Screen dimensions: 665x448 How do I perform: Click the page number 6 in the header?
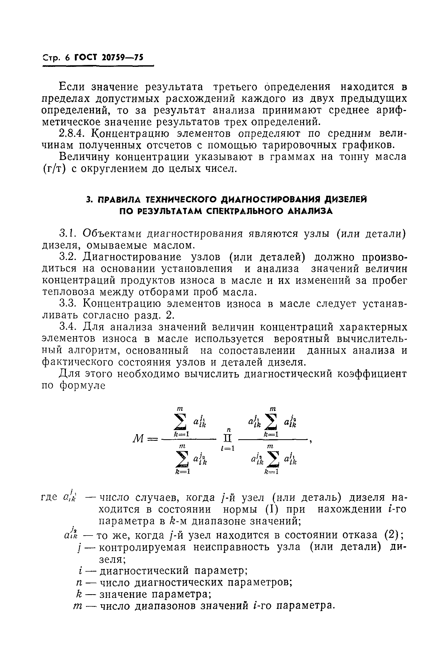(x=67, y=58)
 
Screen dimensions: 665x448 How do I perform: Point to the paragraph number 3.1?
(x=68, y=234)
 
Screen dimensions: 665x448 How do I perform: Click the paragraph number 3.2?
(x=68, y=257)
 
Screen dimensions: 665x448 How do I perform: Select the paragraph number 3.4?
(x=68, y=327)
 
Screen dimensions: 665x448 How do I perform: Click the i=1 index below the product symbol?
(x=228, y=448)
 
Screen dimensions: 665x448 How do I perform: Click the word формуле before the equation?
(x=82, y=386)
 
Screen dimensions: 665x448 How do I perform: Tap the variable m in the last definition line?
(x=77, y=606)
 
